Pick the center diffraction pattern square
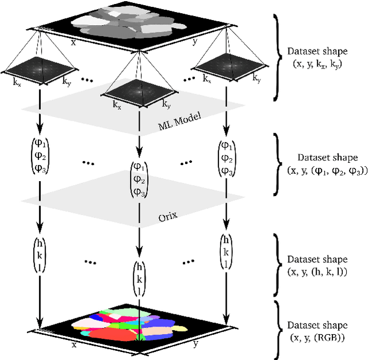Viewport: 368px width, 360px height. [x=139, y=90]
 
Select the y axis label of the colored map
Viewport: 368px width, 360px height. [x=196, y=344]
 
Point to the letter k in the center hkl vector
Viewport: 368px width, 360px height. [x=139, y=279]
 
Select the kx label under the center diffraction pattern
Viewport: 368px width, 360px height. [x=117, y=105]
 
